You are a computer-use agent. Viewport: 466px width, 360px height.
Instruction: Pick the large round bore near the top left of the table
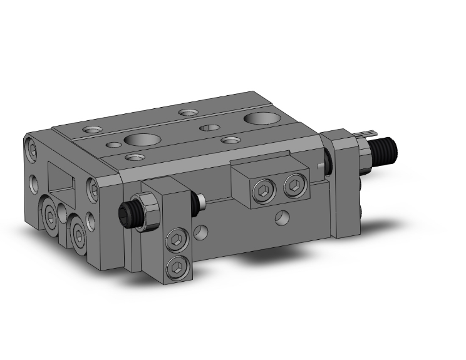pyautogui.click(x=137, y=138)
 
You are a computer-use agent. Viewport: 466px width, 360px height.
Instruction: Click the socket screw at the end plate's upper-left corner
pyautogui.click(x=33, y=151)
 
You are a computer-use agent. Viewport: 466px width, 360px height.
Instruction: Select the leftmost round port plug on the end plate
pyautogui.click(x=49, y=213)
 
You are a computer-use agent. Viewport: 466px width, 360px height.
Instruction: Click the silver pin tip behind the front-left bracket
pyautogui.click(x=201, y=203)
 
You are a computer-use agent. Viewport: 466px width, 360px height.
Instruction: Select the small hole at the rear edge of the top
pyautogui.click(x=187, y=113)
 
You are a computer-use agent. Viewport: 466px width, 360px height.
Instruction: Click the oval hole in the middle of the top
pyautogui.click(x=209, y=128)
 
